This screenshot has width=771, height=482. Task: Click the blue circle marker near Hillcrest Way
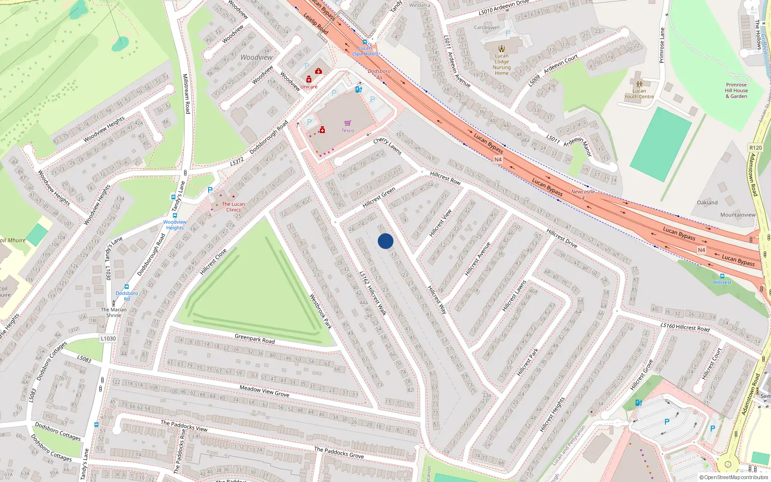coord(385,241)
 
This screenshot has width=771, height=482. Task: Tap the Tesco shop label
coord(347,130)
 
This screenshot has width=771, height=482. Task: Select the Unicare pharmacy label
coord(309,87)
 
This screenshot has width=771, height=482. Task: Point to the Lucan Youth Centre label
coord(639,94)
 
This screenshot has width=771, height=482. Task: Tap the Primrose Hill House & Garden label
coord(736,90)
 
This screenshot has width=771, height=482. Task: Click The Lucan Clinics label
coord(233,207)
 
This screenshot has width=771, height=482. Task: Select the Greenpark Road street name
coord(254,339)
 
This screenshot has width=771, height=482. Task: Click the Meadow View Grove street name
coord(265,391)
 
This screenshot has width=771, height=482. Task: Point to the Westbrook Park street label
coord(320,312)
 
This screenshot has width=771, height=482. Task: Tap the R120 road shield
coord(756,148)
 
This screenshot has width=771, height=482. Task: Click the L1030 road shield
coord(108,338)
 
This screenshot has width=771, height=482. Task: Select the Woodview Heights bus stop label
coord(175,225)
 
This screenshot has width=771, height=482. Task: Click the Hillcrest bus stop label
coord(722,282)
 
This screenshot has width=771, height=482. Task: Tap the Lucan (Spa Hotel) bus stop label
coord(365,51)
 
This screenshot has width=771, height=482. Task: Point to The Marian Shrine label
coord(114,312)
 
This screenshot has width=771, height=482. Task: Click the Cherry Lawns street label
coord(387,146)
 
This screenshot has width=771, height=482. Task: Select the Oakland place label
coord(707,202)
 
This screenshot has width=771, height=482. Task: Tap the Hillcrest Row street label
coord(445,178)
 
